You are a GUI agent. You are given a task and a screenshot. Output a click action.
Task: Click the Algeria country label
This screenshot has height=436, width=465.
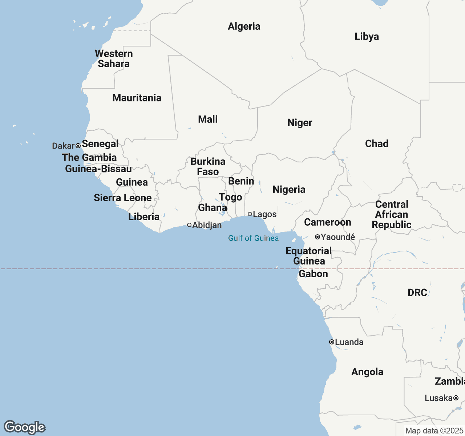(x=244, y=27)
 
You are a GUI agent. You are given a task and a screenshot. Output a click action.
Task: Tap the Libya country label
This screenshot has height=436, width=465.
(x=367, y=37)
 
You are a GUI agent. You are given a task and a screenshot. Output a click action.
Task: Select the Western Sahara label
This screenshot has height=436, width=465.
(x=114, y=59)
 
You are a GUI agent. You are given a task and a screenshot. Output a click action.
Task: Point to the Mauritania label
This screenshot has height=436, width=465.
(x=137, y=98)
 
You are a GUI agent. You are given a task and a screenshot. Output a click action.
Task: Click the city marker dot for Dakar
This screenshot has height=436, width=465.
(x=78, y=146)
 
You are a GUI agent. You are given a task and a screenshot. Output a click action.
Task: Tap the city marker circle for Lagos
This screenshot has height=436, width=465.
(x=250, y=214)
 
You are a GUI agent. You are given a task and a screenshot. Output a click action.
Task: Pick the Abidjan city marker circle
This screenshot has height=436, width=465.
(x=189, y=225)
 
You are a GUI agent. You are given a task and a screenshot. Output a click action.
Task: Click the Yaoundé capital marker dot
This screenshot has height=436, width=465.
(x=317, y=237)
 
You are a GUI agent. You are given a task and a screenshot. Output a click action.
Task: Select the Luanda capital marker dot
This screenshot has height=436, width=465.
(x=332, y=342)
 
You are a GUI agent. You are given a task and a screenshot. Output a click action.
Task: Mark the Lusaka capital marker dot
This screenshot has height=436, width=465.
(x=456, y=398)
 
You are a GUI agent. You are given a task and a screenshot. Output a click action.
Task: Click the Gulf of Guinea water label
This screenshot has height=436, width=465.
(x=253, y=238)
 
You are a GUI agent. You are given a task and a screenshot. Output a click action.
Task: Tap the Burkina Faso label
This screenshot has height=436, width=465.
(x=208, y=166)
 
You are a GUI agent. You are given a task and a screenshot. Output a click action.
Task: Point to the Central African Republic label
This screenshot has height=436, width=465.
(x=392, y=215)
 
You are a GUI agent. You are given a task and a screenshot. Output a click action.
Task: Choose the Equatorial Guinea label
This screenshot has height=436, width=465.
(x=309, y=256)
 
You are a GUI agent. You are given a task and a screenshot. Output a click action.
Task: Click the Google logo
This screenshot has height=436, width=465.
(x=25, y=427)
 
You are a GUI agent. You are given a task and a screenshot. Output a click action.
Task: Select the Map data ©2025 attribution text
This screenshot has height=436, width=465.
(x=434, y=431)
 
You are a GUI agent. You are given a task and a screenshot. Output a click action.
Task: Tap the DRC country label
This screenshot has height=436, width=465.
(x=417, y=293)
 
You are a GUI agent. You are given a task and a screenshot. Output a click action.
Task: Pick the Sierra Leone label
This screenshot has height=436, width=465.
(x=123, y=198)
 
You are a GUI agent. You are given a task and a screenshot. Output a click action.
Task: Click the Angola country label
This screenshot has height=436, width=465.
(x=367, y=372)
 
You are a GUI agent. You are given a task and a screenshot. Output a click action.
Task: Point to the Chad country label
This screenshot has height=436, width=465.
(x=377, y=144)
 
